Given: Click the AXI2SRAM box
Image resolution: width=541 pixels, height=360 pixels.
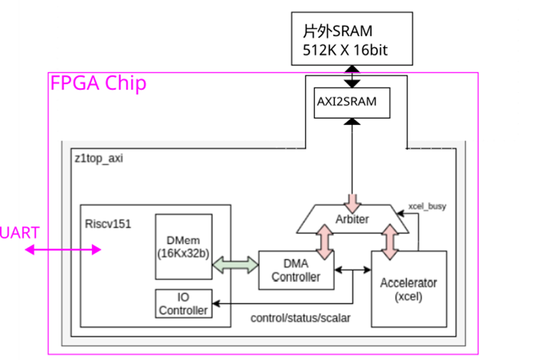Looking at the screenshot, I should (x=352, y=102).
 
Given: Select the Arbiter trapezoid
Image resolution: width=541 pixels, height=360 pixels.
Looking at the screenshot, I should (x=352, y=219).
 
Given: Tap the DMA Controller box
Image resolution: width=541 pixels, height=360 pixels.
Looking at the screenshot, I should (x=296, y=270).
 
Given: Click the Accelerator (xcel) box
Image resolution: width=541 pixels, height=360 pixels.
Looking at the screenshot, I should (x=408, y=289).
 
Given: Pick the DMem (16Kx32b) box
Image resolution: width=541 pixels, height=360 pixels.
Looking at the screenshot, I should (x=184, y=247).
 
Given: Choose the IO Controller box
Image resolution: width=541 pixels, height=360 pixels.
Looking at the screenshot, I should (x=184, y=304).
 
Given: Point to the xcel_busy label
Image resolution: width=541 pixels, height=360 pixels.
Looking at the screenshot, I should (x=427, y=205).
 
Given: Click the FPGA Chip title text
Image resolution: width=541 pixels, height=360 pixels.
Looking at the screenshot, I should (x=98, y=83).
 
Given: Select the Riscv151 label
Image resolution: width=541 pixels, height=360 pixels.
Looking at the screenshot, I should (x=108, y=224).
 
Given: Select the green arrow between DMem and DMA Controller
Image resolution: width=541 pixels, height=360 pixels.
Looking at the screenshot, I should (x=235, y=264).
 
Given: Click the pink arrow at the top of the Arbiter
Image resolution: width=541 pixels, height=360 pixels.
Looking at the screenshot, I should (x=352, y=202).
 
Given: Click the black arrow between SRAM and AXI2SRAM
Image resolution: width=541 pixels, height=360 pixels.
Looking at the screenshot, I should (x=352, y=76).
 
